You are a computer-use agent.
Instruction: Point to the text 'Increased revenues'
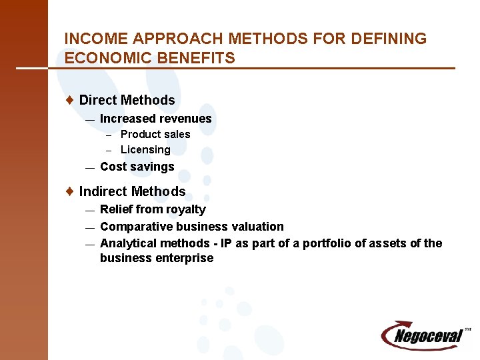155,119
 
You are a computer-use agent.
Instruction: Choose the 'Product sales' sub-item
155,134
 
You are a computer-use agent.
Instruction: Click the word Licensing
145,150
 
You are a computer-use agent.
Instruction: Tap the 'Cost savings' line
137,167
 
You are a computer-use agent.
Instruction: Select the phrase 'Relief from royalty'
153,209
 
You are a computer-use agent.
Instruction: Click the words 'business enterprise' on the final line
157,258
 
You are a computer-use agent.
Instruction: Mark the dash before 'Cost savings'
90,167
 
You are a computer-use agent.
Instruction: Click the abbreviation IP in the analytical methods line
225,243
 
